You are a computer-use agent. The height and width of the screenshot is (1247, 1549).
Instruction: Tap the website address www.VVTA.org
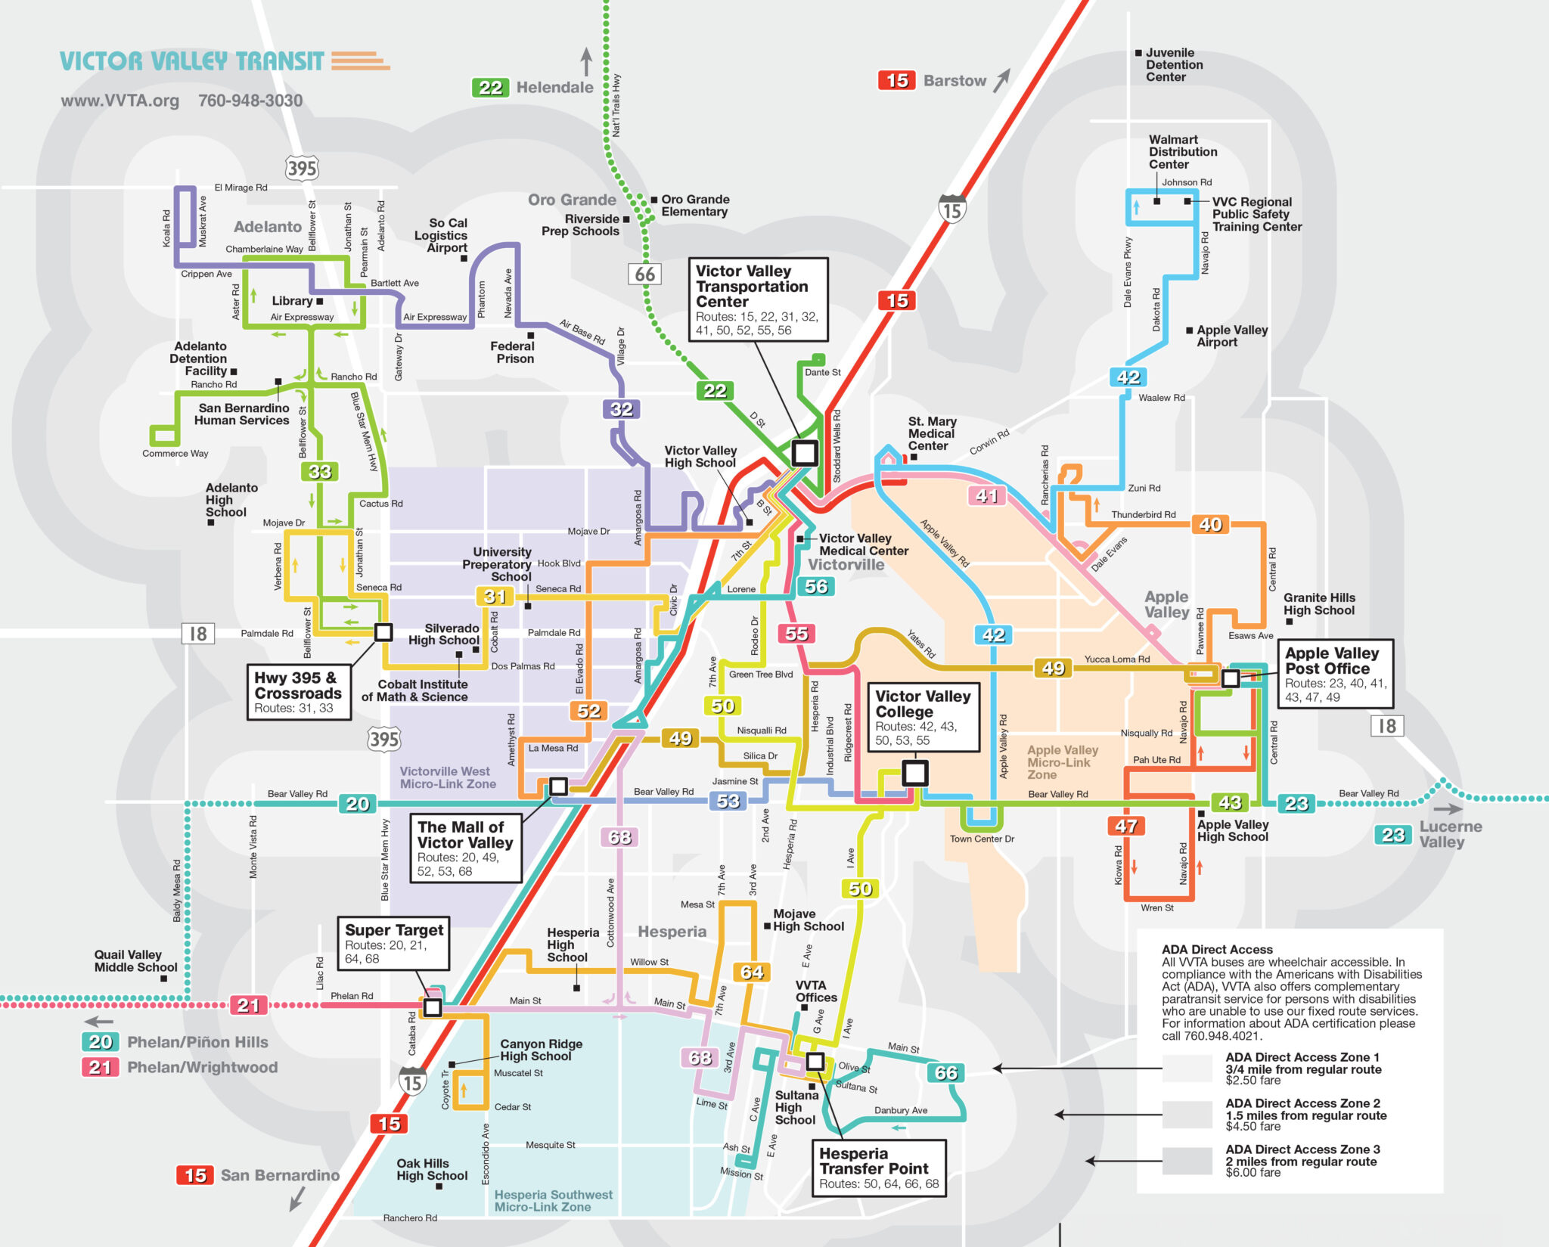click(120, 101)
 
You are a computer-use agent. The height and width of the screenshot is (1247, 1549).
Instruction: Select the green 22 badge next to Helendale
click(490, 88)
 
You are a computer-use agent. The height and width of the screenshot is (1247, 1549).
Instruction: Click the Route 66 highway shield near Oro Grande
click(644, 274)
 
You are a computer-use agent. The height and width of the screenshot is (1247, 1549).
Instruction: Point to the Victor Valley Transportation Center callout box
click(758, 299)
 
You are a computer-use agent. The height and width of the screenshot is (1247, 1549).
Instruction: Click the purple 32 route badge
click(621, 409)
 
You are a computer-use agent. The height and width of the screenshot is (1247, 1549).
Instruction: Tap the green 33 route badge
click(320, 472)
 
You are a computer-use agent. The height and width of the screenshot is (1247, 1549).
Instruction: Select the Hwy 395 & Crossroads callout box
click(299, 692)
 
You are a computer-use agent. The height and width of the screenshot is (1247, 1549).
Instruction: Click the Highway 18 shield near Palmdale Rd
click(198, 634)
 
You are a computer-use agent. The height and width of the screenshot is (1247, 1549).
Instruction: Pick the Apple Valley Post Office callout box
click(1335, 675)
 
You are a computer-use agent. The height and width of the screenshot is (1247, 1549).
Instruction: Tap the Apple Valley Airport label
click(1231, 336)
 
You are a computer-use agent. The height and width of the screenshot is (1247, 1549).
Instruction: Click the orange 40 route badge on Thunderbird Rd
click(1210, 524)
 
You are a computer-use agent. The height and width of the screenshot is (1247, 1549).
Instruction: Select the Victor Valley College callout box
click(923, 718)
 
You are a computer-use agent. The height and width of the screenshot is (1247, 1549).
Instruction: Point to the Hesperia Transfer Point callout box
click(878, 1168)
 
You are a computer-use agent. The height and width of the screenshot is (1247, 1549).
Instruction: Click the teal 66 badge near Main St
click(945, 1072)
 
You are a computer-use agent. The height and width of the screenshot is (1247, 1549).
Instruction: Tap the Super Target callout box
click(393, 943)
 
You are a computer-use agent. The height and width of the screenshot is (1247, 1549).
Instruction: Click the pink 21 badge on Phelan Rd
click(248, 1005)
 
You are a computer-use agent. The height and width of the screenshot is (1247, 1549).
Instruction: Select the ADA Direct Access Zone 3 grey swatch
click(1187, 1161)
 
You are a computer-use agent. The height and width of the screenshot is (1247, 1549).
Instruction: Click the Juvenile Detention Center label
click(1173, 65)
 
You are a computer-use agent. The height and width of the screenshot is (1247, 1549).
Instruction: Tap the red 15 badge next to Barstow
click(897, 80)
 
